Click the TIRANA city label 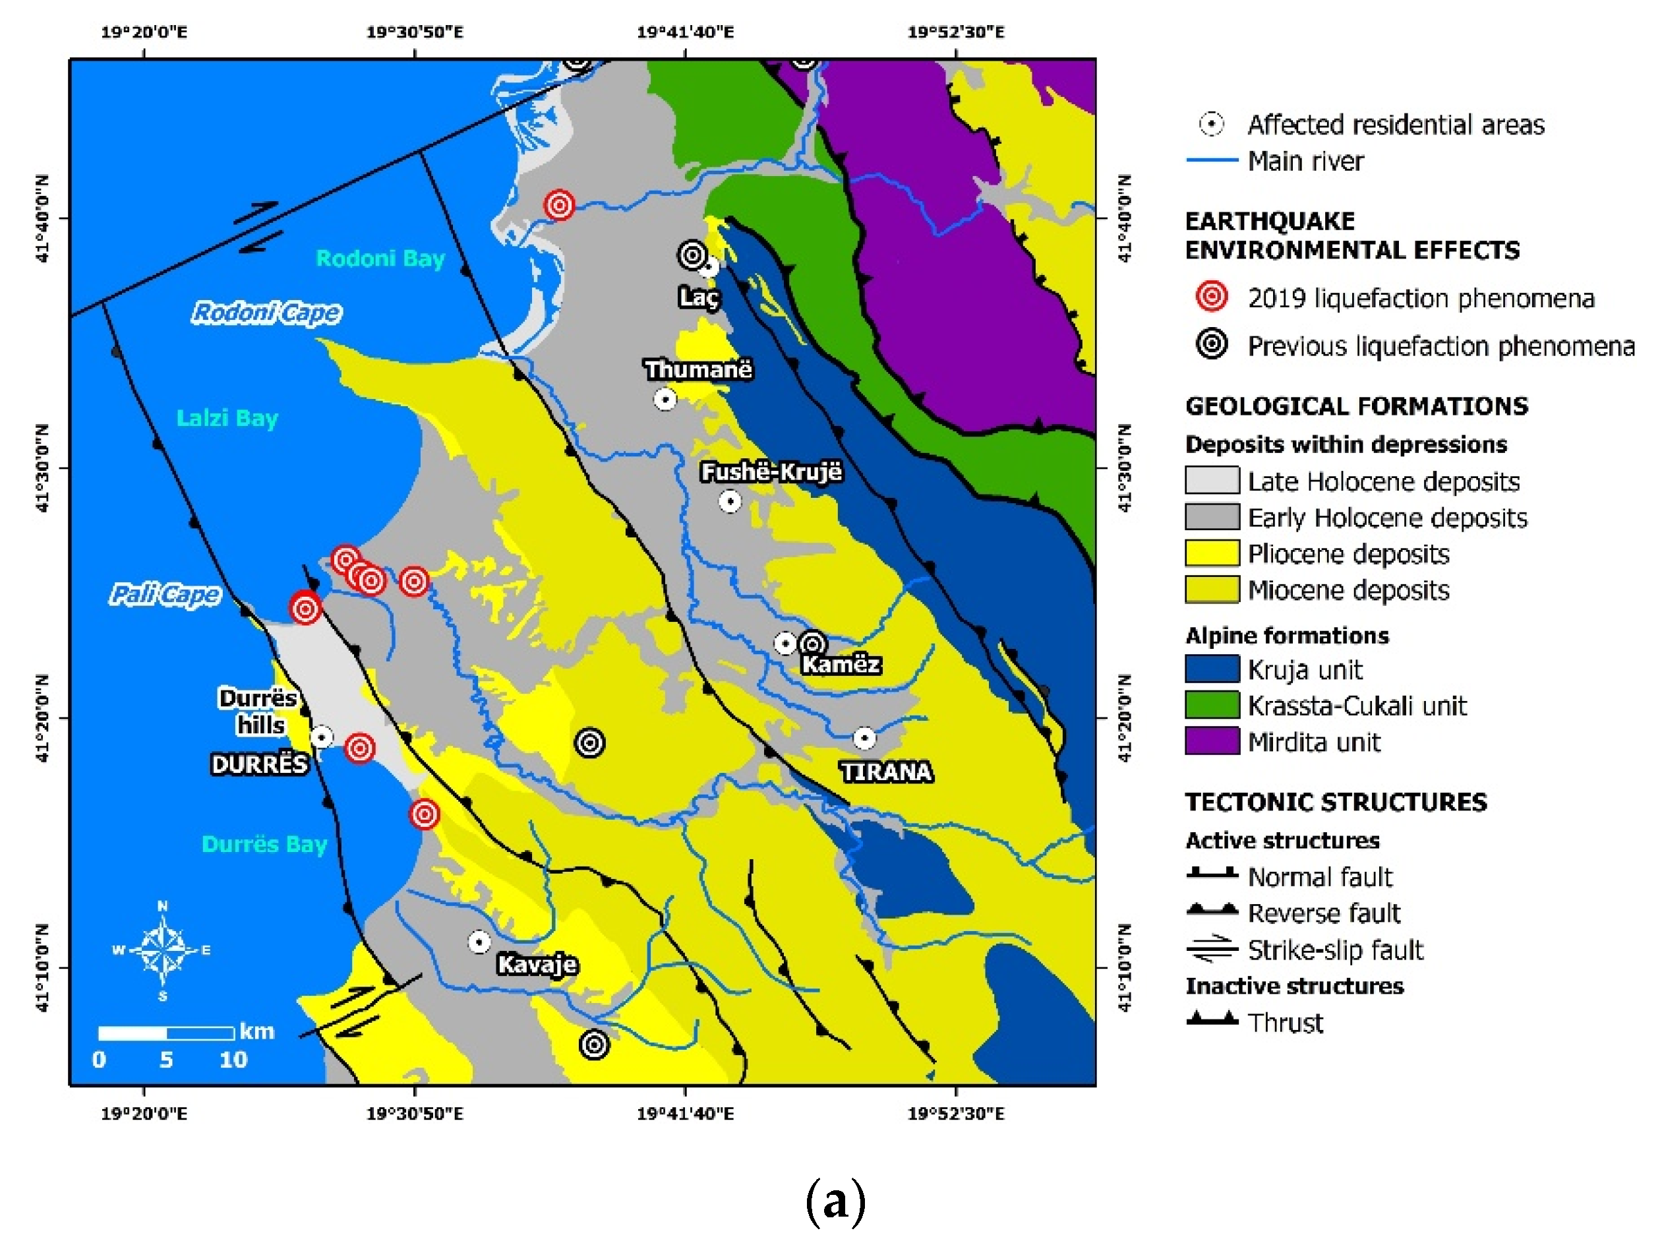[x=886, y=772]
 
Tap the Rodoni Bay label [x=380, y=258]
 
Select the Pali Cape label [x=165, y=595]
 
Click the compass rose [x=163, y=950]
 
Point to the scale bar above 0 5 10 [x=166, y=1033]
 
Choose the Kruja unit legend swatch [x=1211, y=668]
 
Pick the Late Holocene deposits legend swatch [x=1211, y=480]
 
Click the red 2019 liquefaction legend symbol [x=1211, y=297]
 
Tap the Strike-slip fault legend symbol [x=1211, y=949]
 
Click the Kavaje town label [x=537, y=965]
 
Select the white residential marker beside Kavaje [x=479, y=942]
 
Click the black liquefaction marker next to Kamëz [x=812, y=643]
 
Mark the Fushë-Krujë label [x=771, y=472]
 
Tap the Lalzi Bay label [x=227, y=418]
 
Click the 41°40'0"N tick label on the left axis [x=42, y=219]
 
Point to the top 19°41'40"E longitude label [x=684, y=32]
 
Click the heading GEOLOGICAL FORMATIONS [x=1356, y=406]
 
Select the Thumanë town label [x=698, y=370]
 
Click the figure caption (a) [x=835, y=1201]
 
